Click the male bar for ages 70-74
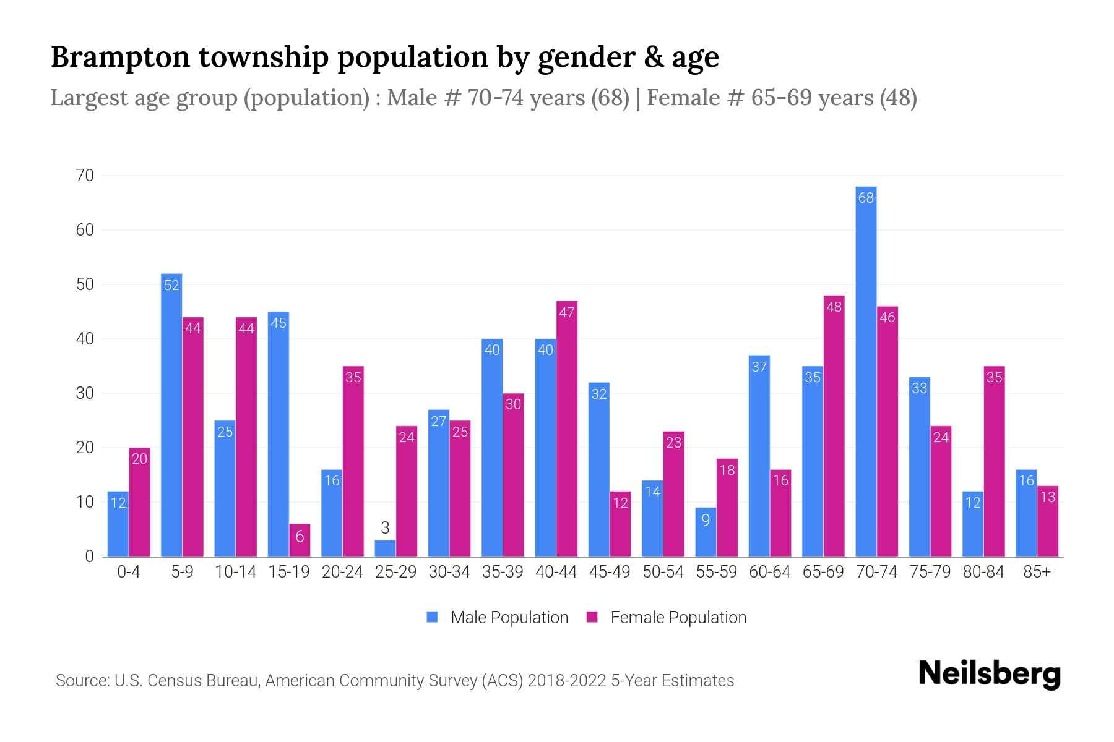pyautogui.click(x=866, y=371)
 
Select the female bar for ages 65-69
pyautogui.click(x=834, y=426)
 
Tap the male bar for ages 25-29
pyautogui.click(x=385, y=548)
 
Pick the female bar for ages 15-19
pyautogui.click(x=300, y=540)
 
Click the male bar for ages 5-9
pyautogui.click(x=171, y=415)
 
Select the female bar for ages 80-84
pyautogui.click(x=994, y=461)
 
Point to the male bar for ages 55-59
pyautogui.click(x=706, y=532)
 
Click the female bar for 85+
pyautogui.click(x=1047, y=521)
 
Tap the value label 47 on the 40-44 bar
pyautogui.click(x=567, y=313)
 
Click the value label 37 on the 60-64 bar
pyautogui.click(x=759, y=367)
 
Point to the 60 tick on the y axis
pyautogui.click(x=85, y=230)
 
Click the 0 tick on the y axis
pyautogui.click(x=89, y=556)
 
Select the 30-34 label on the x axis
pyautogui.click(x=449, y=572)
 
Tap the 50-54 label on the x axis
pyautogui.click(x=663, y=572)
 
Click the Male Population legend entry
pyautogui.click(x=498, y=617)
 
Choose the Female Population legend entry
pyautogui.click(x=667, y=617)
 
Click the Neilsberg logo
pyautogui.click(x=989, y=674)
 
